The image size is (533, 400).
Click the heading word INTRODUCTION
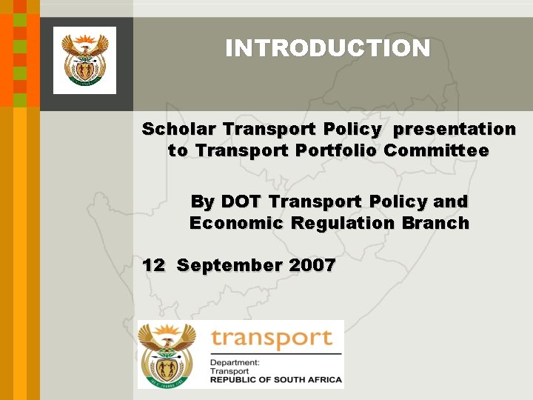[x=327, y=49]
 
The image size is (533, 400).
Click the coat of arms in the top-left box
[x=84, y=60]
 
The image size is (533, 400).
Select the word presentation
[x=455, y=130]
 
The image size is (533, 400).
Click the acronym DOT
[x=241, y=201]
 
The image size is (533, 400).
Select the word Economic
[x=236, y=223]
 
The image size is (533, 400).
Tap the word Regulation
[x=341, y=224]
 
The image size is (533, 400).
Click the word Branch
[x=435, y=223]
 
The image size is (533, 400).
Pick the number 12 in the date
[x=153, y=265]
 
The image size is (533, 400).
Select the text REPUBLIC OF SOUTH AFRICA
[x=275, y=380]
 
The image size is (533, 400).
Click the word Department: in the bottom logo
[x=235, y=363]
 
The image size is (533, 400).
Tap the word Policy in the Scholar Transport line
[x=352, y=130]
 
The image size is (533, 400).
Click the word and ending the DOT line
[x=451, y=201]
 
